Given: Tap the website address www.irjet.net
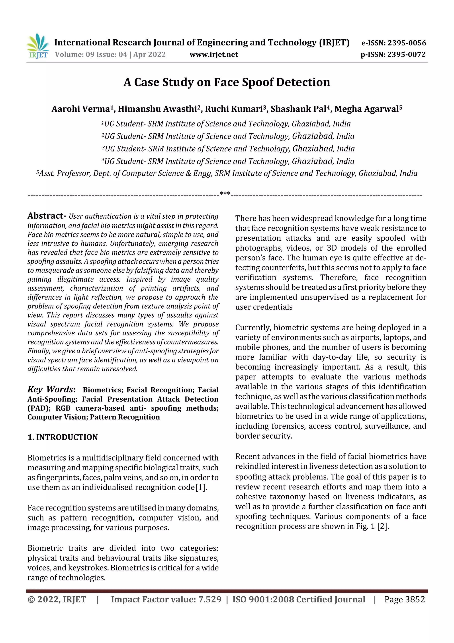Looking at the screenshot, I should (x=214, y=55).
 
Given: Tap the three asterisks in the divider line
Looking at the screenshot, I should (x=225, y=194).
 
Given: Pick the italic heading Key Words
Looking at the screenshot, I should (x=50, y=390).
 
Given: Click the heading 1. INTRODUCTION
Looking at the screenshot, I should (x=63, y=437).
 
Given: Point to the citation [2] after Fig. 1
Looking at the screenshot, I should (x=382, y=526).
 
